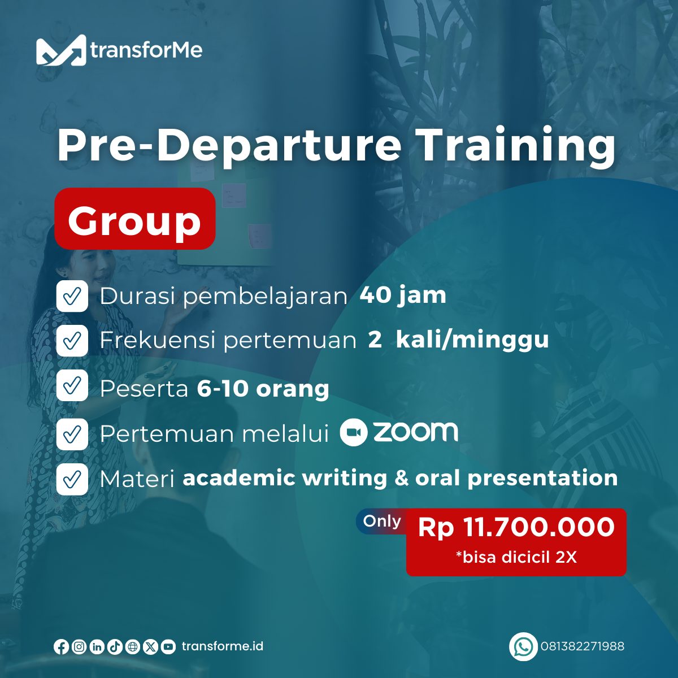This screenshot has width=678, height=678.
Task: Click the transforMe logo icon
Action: [x=61, y=50]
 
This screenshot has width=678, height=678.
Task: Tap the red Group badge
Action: [x=135, y=219]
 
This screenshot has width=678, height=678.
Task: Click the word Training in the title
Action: [x=517, y=146]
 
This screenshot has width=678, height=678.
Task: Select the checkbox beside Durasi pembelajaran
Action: [x=72, y=296]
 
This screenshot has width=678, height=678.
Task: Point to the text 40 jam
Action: [x=403, y=295]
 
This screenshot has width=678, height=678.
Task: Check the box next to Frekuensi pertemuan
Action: [x=72, y=341]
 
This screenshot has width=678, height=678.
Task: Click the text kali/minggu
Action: [x=472, y=340]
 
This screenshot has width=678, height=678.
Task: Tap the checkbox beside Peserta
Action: [x=72, y=385]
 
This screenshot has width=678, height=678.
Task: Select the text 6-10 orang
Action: [x=263, y=389]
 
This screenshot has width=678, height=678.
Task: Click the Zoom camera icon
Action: [x=354, y=432]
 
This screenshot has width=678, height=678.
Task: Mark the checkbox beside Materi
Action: [x=72, y=479]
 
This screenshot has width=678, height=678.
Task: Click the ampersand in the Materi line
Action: [x=402, y=478]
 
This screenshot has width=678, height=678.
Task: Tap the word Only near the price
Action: [x=382, y=521]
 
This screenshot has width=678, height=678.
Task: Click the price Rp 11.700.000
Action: [x=516, y=527]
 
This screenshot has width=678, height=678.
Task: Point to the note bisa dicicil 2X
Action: [x=516, y=557]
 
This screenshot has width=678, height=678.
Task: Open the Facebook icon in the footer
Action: [x=61, y=647]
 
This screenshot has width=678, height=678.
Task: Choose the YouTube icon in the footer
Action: [x=168, y=647]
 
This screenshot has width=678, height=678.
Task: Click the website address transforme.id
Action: [x=223, y=646]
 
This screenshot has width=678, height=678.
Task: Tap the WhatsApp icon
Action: [x=523, y=646]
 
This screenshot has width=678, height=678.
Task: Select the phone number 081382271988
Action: [x=583, y=646]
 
